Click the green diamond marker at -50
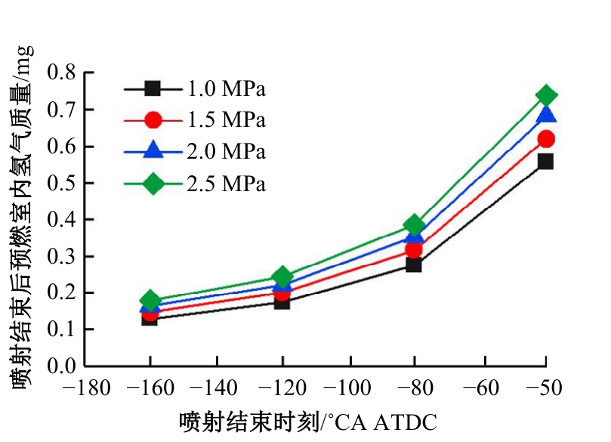[x=546, y=95]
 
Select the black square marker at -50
[x=545, y=161]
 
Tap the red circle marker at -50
[x=546, y=139]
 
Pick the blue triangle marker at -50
[x=546, y=115]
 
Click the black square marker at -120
[x=282, y=301]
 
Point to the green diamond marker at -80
[x=413, y=224]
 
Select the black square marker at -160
[x=150, y=318]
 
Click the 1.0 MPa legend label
[x=227, y=89]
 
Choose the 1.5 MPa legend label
[x=227, y=120]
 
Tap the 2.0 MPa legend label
[x=227, y=152]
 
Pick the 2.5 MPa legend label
[x=227, y=184]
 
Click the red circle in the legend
[x=153, y=120]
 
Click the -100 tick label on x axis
[x=348, y=389]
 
